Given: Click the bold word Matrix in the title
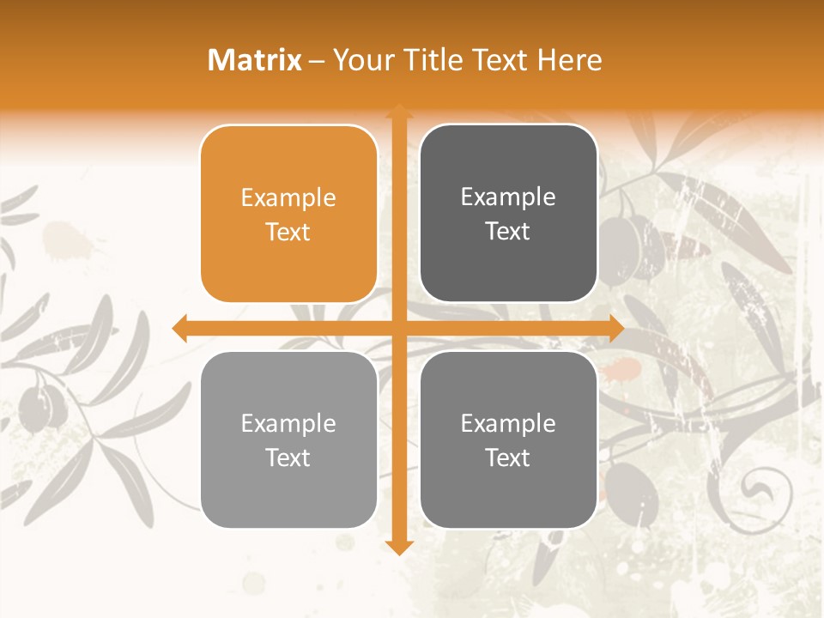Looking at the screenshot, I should coord(255,60).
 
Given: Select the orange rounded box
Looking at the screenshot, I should coord(288,214).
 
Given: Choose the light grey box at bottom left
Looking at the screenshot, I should coord(288,439).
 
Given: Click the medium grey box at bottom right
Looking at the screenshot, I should coord(508,439).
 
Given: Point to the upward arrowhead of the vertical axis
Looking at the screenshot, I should coord(398,112).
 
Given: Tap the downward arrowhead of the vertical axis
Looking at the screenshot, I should coord(398,547).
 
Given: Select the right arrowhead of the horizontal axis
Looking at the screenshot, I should coord(615,328).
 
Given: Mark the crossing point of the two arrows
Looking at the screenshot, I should coord(398,328).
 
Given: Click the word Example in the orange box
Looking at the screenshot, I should coord(288,198).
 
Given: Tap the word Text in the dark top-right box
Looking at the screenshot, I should coord(508,231).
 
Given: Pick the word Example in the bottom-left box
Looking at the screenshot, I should coord(288,424).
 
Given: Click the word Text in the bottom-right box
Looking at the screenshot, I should coord(508,457).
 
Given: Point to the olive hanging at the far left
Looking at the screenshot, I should coord(36,403).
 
